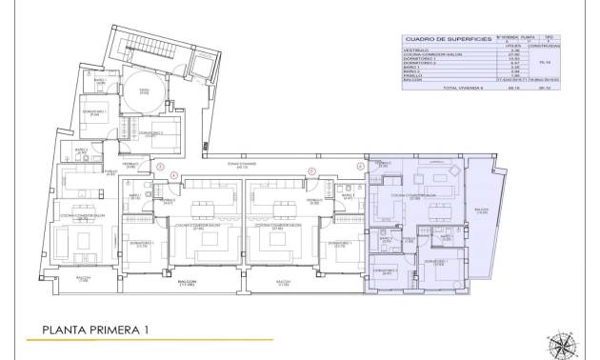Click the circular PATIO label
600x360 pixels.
145,91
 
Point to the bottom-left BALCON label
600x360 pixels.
84,279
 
